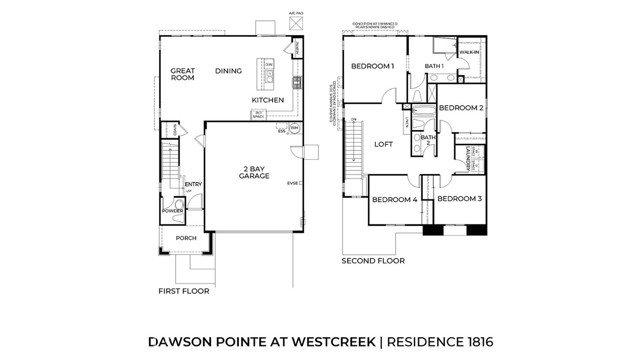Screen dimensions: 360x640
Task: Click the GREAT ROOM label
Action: (x=182, y=76)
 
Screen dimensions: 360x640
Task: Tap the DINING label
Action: (x=229, y=71)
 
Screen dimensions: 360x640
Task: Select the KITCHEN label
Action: (x=267, y=100)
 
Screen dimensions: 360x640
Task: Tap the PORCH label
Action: (x=186, y=239)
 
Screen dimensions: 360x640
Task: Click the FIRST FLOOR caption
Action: (x=184, y=291)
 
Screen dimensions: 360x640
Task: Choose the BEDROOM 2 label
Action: (x=461, y=107)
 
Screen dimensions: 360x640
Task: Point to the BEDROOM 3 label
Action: (x=459, y=199)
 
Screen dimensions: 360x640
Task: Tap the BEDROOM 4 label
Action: (x=394, y=200)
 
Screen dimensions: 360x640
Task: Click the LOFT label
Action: (x=383, y=144)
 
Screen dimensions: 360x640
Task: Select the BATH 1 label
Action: (x=434, y=66)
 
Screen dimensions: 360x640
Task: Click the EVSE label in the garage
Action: (x=293, y=183)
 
